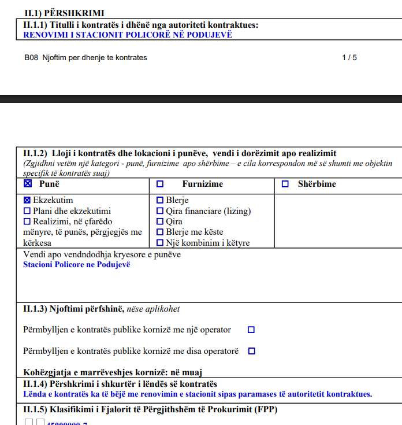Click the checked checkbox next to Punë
pos(28,184)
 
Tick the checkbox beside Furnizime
pos(160,184)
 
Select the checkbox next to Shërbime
pos(285,184)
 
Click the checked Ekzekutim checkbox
pos(27,200)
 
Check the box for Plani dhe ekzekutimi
pos(27,211)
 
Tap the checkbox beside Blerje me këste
pos(161,232)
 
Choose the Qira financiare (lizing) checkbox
pos(161,211)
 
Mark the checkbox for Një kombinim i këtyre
pos(161,243)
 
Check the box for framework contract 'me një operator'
pos(251,330)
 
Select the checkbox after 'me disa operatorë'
pos(251,351)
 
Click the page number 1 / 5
pos(349,58)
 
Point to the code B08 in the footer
pos(31,58)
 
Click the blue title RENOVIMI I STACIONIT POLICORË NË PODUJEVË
pos(128,35)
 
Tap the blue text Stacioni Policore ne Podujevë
pos(77,265)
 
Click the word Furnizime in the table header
pos(203,184)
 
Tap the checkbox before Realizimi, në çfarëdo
pos(27,221)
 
